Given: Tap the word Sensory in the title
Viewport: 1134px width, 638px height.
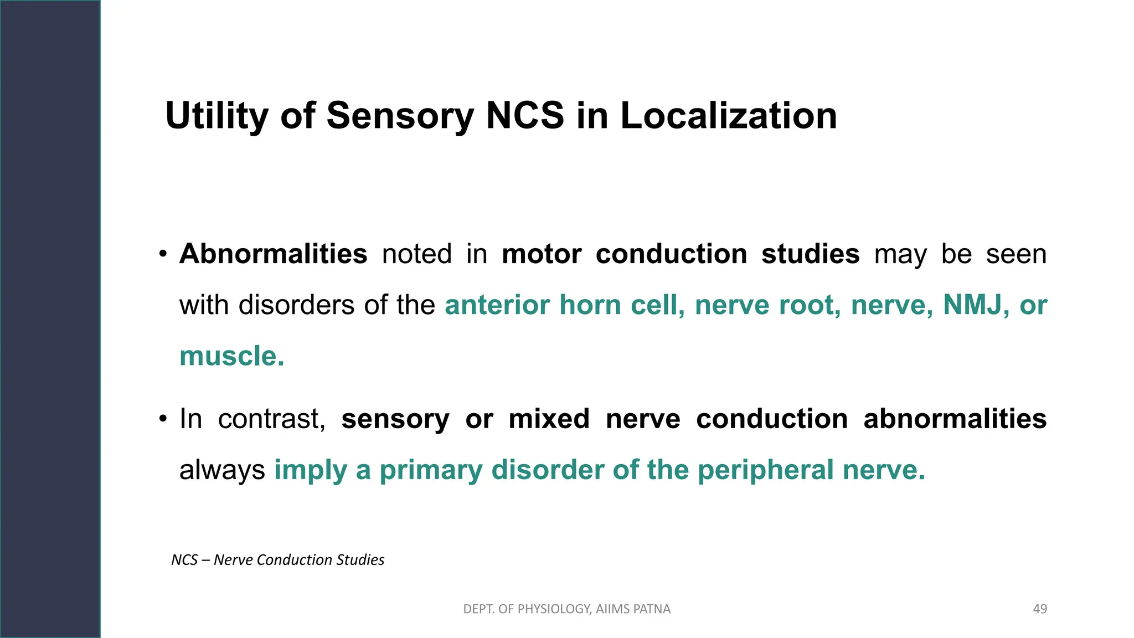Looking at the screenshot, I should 400,116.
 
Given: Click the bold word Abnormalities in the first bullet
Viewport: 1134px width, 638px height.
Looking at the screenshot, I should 273,254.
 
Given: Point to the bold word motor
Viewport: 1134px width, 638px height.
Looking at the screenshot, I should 541,254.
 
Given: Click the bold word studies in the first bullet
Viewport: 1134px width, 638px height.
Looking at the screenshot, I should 810,254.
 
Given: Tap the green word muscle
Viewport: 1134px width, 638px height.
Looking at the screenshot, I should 231,356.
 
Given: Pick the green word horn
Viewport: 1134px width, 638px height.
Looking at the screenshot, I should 590,305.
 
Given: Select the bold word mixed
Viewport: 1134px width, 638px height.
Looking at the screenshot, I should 549,419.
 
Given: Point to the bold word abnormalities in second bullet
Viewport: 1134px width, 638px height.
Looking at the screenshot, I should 955,419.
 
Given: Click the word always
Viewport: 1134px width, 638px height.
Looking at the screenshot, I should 222,470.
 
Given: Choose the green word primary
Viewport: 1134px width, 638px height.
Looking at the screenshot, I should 431,470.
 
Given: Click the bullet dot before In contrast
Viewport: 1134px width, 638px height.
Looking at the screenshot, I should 162,419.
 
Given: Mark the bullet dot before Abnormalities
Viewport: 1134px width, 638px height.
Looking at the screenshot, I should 162,255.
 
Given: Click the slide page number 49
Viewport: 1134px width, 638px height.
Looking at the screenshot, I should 1040,609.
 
